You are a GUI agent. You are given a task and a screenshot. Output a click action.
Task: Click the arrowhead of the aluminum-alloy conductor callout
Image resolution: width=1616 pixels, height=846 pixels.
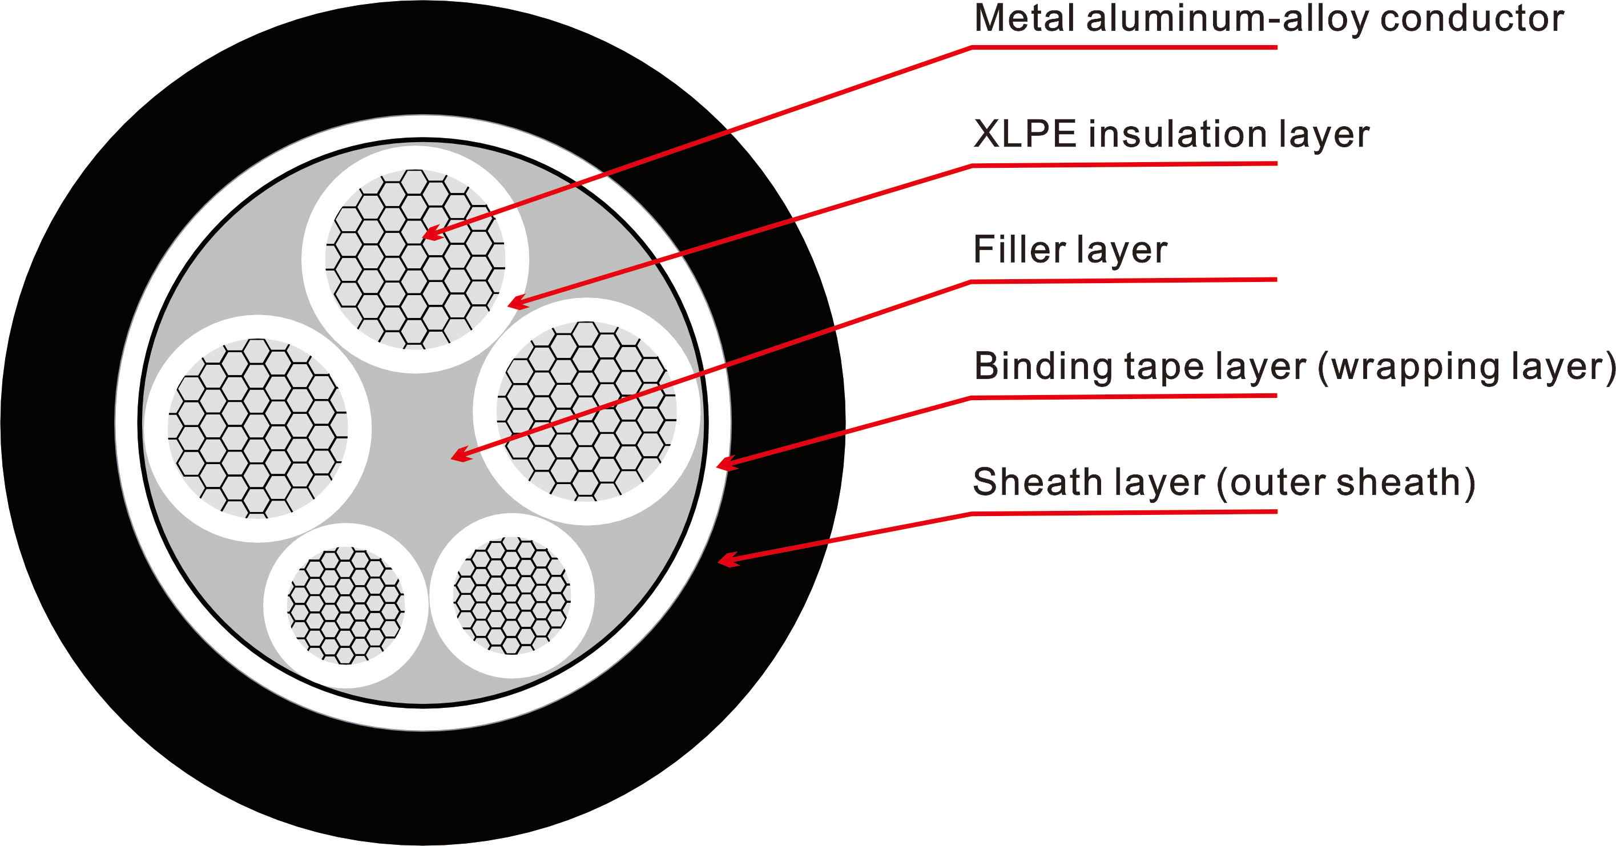pyautogui.click(x=432, y=235)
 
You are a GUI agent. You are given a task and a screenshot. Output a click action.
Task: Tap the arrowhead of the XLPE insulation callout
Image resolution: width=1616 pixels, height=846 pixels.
pyautogui.click(x=515, y=304)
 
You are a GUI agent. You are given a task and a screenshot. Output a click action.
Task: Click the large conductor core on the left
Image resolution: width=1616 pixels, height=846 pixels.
pyautogui.click(x=257, y=428)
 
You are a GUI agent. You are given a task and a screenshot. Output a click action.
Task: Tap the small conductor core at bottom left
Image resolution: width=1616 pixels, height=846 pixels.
pyautogui.click(x=346, y=605)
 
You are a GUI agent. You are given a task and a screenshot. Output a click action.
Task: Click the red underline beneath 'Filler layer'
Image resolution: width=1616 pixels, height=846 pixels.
pyautogui.click(x=1123, y=280)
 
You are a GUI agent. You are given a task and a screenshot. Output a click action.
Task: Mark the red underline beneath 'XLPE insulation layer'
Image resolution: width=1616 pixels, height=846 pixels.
pyautogui.click(x=1123, y=164)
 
